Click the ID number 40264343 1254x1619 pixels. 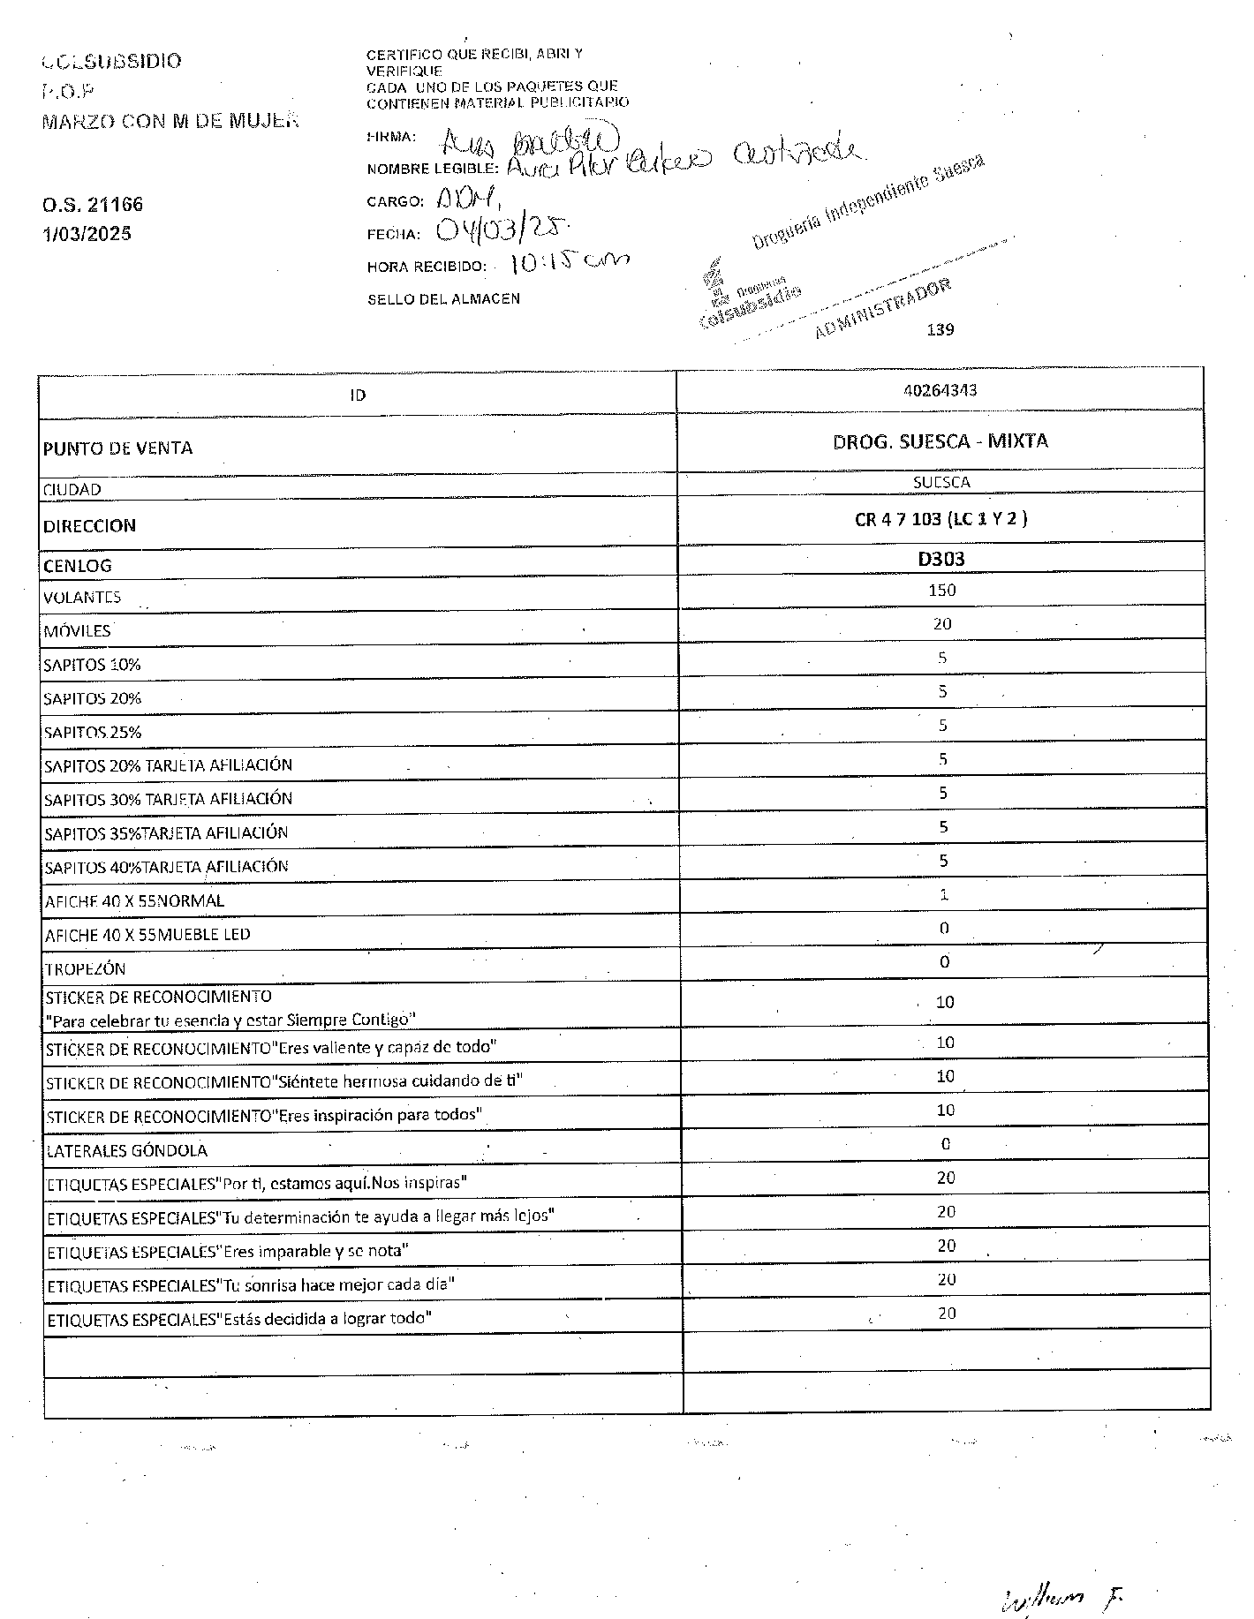click(940, 390)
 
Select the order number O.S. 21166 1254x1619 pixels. click(92, 205)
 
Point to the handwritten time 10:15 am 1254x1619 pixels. click(570, 262)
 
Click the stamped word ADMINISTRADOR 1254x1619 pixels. click(883, 309)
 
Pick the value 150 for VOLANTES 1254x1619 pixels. click(941, 590)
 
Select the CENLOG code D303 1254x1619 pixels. click(940, 558)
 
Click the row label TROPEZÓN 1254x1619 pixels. click(85, 968)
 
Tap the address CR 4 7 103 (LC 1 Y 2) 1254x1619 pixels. click(940, 519)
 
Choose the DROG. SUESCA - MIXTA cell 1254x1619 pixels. click(940, 441)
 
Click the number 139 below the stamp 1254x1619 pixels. click(940, 330)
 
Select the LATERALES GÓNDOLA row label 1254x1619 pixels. click(126, 1150)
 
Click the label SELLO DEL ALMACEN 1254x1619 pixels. click(443, 299)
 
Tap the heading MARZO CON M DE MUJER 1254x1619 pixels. click(170, 121)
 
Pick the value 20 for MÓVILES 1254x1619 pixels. click(941, 624)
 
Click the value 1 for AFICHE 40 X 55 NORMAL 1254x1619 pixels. click(943, 894)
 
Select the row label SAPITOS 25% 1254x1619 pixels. click(92, 732)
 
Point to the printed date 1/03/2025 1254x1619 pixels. click(87, 234)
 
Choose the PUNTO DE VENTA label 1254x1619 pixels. click(117, 448)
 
